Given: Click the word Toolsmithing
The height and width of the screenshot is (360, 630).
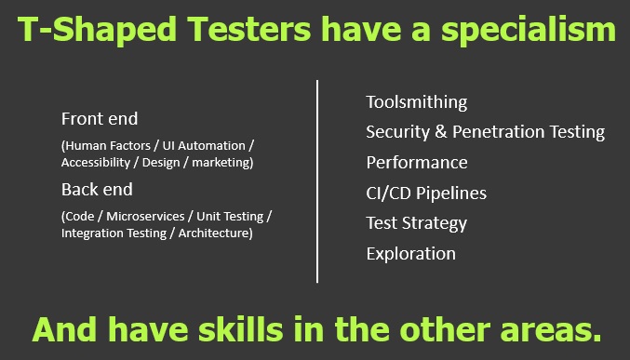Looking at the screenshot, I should pyautogui.click(x=416, y=102).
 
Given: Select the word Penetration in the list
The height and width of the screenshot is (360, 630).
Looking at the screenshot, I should pyautogui.click(x=499, y=132).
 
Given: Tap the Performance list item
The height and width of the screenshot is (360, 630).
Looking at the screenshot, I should pyautogui.click(x=416, y=163).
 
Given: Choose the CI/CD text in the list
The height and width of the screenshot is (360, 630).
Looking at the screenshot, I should pyautogui.click(x=390, y=193).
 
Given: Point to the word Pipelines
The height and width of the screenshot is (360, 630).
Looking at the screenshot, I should pyautogui.click(x=453, y=193).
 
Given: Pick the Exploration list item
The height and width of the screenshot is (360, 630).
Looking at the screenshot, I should pyautogui.click(x=410, y=253).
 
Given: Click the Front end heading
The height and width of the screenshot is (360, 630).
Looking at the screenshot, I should pyautogui.click(x=99, y=119).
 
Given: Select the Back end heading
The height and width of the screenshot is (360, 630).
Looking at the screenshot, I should pyautogui.click(x=97, y=190).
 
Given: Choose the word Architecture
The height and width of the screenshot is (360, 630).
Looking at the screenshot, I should pyautogui.click(x=214, y=233).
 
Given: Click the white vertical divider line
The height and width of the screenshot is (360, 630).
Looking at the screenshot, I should pyautogui.click(x=317, y=180).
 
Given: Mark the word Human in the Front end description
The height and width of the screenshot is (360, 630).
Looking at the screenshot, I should pyautogui.click(x=86, y=146).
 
